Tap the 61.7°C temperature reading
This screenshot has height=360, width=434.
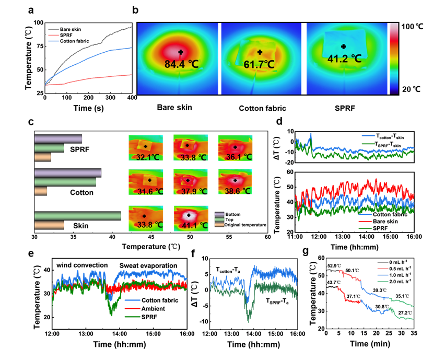point(259,65)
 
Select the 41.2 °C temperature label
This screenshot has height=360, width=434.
point(344,59)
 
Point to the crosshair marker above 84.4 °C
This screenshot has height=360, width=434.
point(181,52)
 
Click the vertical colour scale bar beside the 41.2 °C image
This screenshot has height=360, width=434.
point(394,59)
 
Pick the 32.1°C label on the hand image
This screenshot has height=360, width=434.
point(144,157)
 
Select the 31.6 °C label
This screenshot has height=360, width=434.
point(144,191)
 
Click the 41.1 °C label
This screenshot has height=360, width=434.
point(190,226)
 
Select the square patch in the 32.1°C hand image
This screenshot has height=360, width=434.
point(145,147)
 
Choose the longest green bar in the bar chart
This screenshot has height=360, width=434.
point(77,216)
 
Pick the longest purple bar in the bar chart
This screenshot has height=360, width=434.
point(67,172)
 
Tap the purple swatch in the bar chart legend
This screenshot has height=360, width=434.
point(219,214)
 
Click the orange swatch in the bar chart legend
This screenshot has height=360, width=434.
point(219,225)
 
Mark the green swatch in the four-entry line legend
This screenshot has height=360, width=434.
point(383,281)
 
